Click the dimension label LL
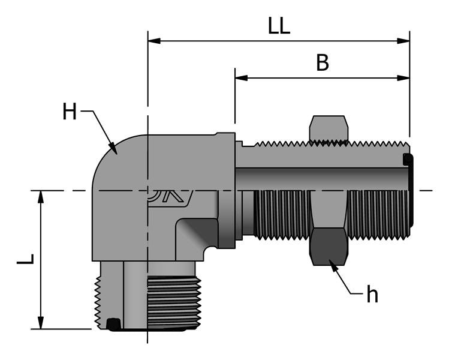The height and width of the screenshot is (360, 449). coord(279,27)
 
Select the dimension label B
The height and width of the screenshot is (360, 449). coord(323,63)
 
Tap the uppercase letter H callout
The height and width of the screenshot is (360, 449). coord(70,112)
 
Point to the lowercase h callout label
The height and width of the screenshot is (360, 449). coord(372,295)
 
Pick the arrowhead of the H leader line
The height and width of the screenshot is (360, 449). coord(113,147)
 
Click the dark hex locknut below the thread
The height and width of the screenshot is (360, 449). coord(328,247)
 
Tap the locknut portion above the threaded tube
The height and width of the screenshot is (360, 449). coord(328,128)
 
